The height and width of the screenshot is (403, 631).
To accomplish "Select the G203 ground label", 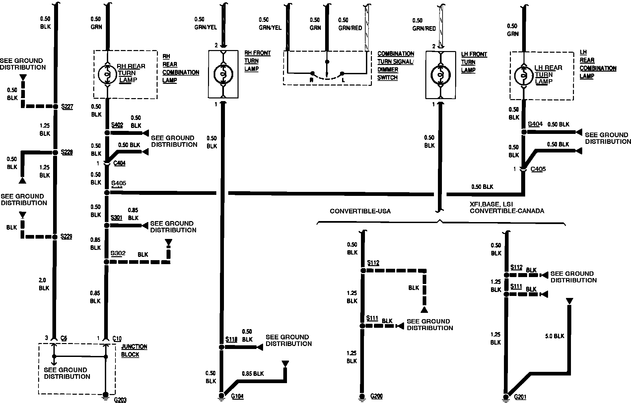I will (x=120, y=399).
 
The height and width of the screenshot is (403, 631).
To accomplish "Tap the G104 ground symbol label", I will (x=237, y=396).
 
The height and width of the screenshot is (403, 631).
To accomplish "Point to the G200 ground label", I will (x=377, y=396).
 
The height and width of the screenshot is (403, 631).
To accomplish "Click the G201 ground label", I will (x=520, y=397).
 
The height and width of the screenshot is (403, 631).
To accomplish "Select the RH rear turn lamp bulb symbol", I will (x=107, y=74).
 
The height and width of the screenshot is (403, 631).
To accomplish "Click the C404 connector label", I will (x=119, y=163).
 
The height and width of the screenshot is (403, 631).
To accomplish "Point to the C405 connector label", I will (x=538, y=169).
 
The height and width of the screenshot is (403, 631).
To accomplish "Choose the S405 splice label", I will (x=118, y=183).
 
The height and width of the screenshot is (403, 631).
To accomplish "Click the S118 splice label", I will (x=231, y=339).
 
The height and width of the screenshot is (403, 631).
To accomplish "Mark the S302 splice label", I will (x=118, y=254).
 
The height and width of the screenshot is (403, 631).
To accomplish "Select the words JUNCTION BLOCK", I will (x=134, y=350).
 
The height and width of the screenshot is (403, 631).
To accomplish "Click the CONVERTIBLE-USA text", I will (x=360, y=211).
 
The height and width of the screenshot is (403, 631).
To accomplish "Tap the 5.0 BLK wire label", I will (x=554, y=336).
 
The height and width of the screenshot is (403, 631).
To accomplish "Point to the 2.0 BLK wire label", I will (x=44, y=284).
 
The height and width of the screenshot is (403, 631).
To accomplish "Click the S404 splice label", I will (x=535, y=124).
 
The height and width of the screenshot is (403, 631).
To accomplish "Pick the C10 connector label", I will (x=117, y=338).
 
